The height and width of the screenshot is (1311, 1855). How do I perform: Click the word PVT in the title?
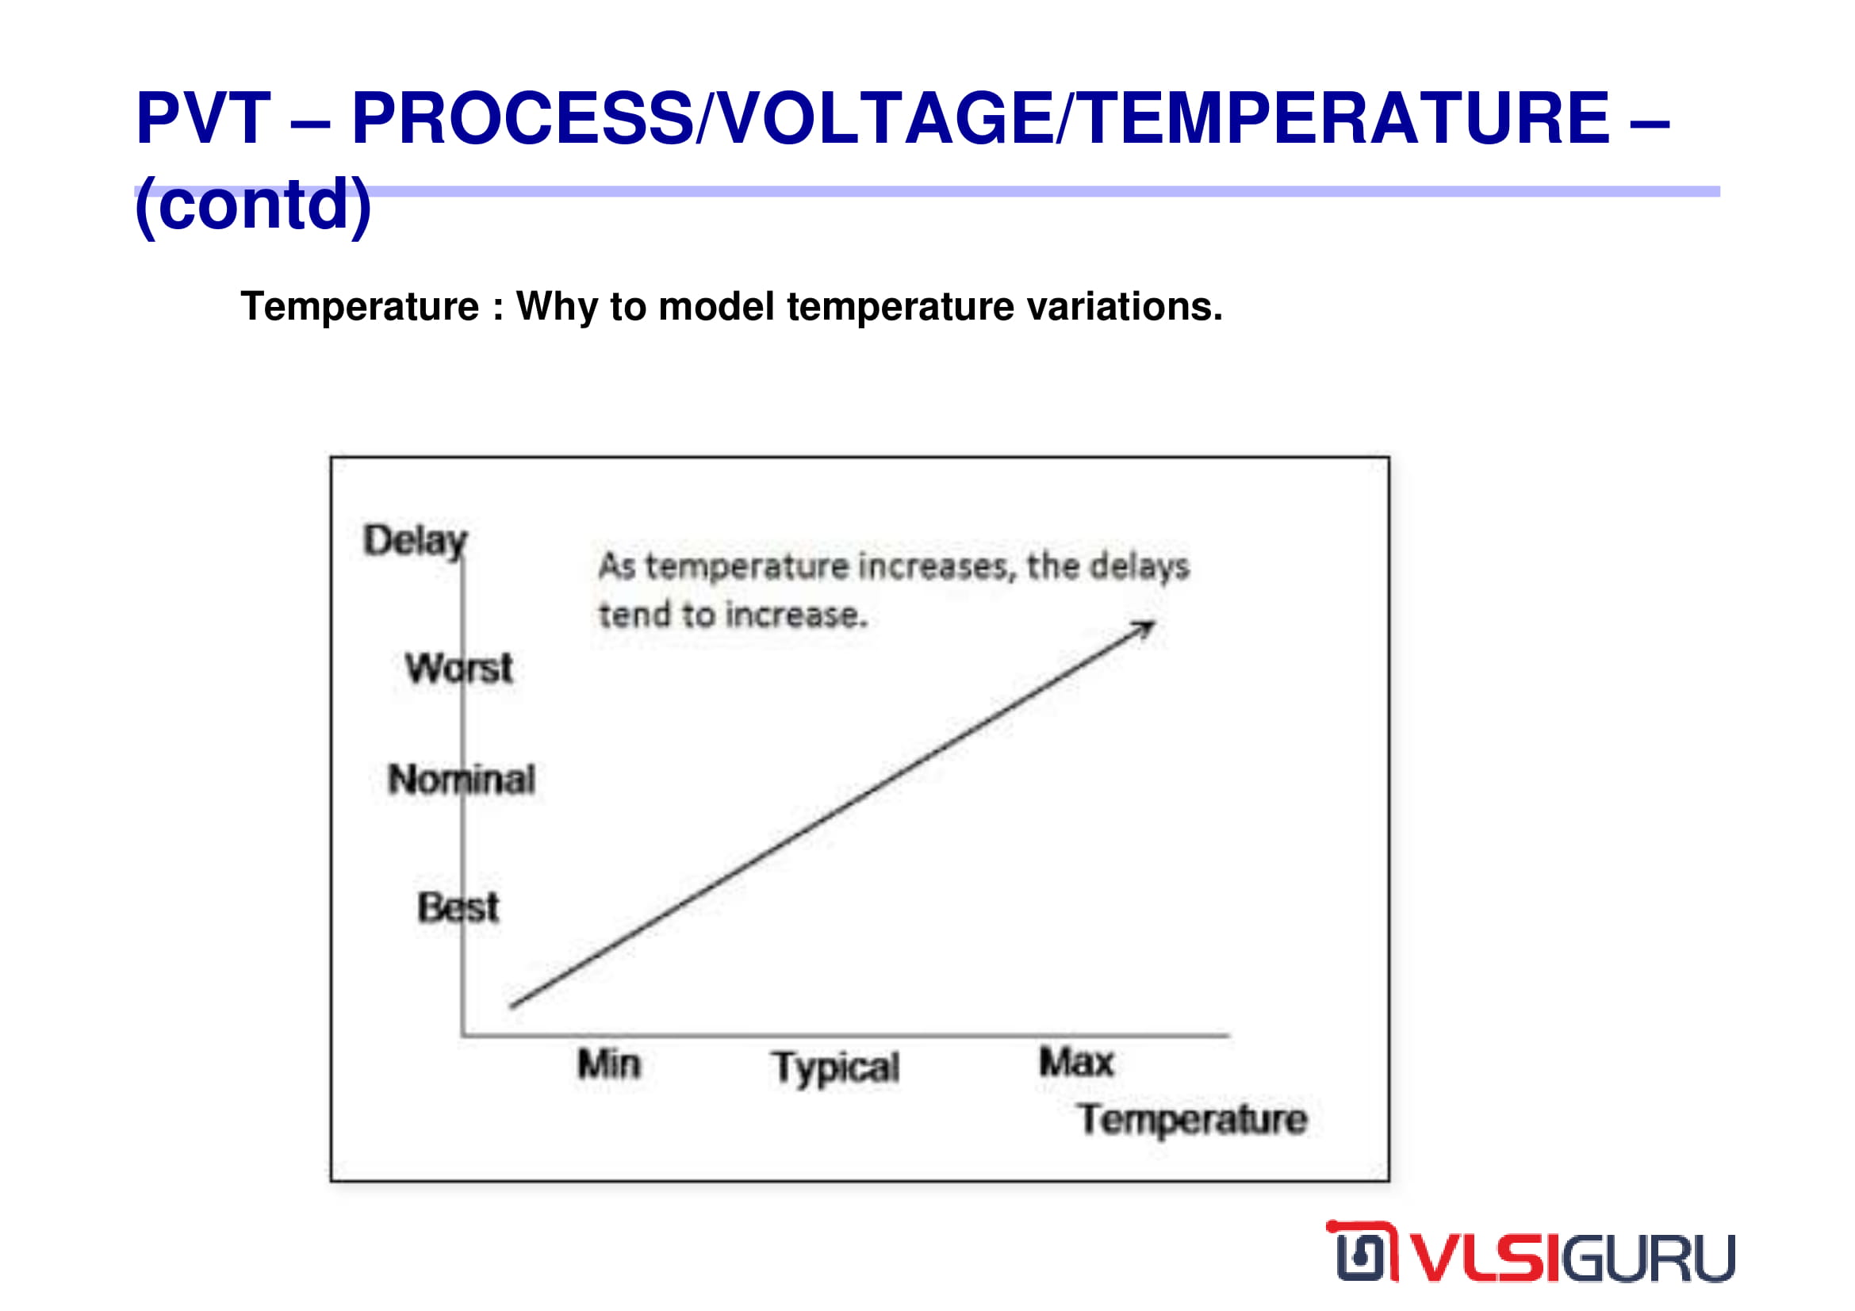pos(204,118)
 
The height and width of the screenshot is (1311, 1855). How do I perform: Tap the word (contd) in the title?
pos(253,205)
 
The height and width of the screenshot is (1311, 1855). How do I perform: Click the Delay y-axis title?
pos(416,541)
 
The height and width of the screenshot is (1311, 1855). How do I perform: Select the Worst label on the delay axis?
pos(459,669)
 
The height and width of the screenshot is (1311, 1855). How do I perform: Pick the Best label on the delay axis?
pos(458,908)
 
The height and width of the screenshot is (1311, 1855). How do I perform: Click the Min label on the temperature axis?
pos(609,1064)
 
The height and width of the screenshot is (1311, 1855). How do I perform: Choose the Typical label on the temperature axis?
pos(835,1068)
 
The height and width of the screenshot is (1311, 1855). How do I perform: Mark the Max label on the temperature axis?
pos(1076,1062)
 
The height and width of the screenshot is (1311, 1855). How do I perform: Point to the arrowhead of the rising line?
pos(1154,623)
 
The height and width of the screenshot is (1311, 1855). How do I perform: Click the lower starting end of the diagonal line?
pos(512,1006)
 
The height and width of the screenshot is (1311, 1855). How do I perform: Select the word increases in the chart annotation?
pos(936,567)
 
